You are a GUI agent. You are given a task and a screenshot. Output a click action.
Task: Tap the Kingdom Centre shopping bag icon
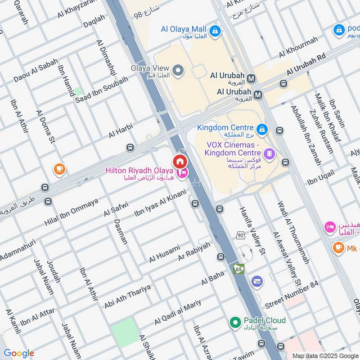[262, 130]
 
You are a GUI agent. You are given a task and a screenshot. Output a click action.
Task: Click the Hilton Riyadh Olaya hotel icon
[182, 173]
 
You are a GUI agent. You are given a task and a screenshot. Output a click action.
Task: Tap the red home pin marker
[180, 161]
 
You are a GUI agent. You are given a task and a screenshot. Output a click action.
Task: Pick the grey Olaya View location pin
[179, 70]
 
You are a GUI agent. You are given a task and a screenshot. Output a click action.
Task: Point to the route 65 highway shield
[238, 269]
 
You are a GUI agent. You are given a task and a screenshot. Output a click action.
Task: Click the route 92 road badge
[241, 235]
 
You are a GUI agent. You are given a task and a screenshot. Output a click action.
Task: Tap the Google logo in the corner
[18, 353]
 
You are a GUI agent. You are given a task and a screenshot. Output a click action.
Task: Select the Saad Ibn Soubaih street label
[102, 89]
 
